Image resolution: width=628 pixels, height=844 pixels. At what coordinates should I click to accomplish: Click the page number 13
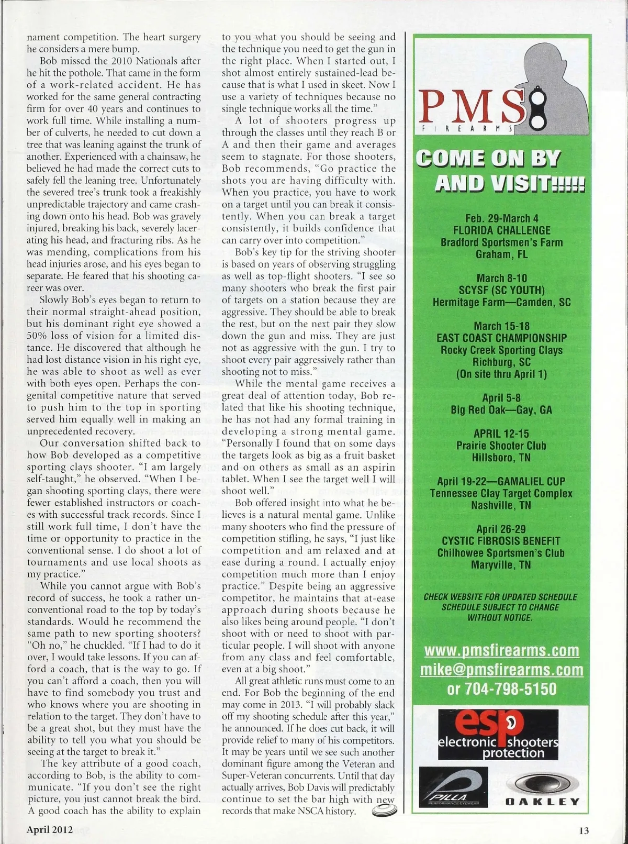point(584,830)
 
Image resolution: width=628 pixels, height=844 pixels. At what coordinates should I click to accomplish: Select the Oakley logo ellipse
point(542,783)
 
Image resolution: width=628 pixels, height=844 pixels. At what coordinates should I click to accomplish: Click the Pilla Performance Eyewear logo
point(454,787)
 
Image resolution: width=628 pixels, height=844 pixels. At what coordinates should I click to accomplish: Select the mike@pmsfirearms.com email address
point(501,670)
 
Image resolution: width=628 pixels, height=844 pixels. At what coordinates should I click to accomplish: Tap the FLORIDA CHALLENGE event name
point(501,230)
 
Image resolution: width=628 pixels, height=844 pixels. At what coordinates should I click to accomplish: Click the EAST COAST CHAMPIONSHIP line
point(501,338)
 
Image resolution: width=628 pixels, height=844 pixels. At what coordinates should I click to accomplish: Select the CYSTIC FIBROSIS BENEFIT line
point(501,541)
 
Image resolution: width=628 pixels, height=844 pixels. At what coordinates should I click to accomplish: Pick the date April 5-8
point(501,397)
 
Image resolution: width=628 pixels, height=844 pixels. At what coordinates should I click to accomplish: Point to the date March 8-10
point(501,278)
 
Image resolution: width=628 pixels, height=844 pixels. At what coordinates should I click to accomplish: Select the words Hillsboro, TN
point(501,458)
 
